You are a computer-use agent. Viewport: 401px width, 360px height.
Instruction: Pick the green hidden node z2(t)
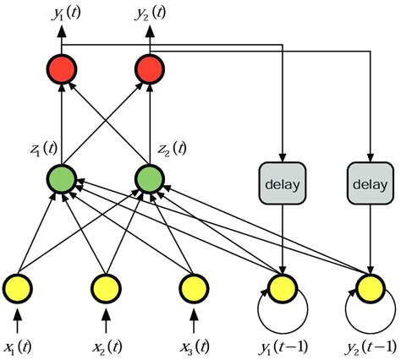click(149, 179)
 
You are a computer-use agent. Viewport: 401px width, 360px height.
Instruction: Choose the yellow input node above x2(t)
click(105, 288)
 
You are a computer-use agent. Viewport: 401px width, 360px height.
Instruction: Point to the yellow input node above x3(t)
click(194, 288)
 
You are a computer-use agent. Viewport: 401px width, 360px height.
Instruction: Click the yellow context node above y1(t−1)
click(281, 288)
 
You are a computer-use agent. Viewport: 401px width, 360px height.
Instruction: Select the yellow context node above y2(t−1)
click(370, 288)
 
